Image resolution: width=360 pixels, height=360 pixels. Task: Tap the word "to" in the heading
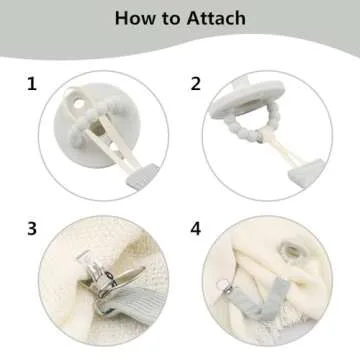point(171,19)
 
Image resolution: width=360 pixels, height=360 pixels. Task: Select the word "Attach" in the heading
point(216,18)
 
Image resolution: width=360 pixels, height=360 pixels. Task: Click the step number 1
point(32,84)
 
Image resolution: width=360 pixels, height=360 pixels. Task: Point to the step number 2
point(196,84)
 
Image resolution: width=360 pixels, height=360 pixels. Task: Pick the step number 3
point(32,229)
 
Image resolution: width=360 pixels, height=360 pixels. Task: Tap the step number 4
point(196,229)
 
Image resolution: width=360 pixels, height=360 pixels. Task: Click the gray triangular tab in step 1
point(142,177)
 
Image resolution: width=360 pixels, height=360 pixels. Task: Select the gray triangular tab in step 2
point(306,173)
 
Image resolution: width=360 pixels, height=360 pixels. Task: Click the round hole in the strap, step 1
point(79,104)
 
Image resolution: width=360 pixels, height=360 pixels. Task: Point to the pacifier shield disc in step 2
point(247,99)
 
